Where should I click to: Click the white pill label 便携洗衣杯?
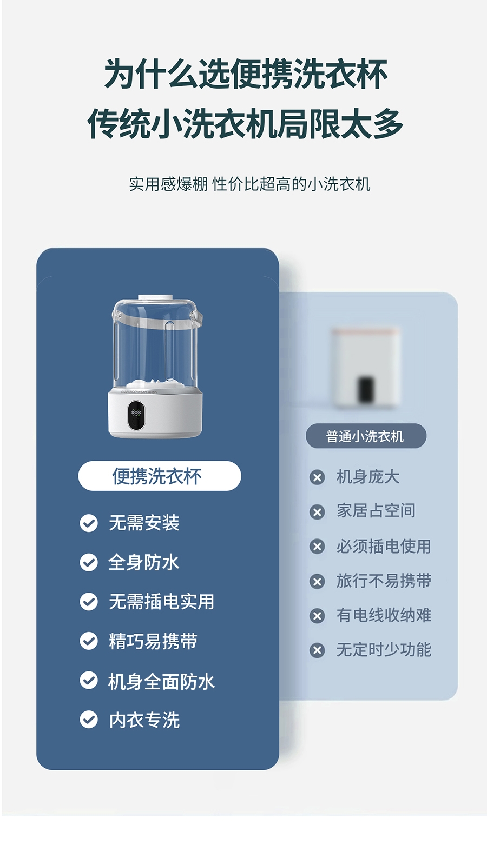[x=160, y=476]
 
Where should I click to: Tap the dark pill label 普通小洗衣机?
[x=366, y=436]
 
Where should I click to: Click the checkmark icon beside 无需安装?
[x=89, y=523]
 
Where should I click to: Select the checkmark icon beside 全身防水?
[x=89, y=562]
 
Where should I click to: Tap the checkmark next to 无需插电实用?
[x=89, y=602]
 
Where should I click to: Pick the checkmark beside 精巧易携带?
[x=89, y=641]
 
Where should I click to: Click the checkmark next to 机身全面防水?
[x=89, y=681]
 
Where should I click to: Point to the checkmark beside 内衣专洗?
[x=89, y=720]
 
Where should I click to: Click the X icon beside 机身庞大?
[x=317, y=477]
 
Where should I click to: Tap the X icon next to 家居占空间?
[x=317, y=512]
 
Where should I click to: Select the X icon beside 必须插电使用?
[x=317, y=547]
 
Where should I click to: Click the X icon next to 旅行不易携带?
[x=317, y=581]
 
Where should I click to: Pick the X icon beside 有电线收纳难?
[x=317, y=616]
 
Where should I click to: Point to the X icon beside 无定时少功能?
[x=317, y=650]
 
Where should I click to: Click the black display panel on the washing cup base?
[x=136, y=415]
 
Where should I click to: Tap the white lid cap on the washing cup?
[x=155, y=298]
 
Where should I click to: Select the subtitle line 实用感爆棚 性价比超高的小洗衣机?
[x=249, y=184]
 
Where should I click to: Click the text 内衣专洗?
[x=144, y=720]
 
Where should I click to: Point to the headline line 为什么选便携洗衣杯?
[x=246, y=74]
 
